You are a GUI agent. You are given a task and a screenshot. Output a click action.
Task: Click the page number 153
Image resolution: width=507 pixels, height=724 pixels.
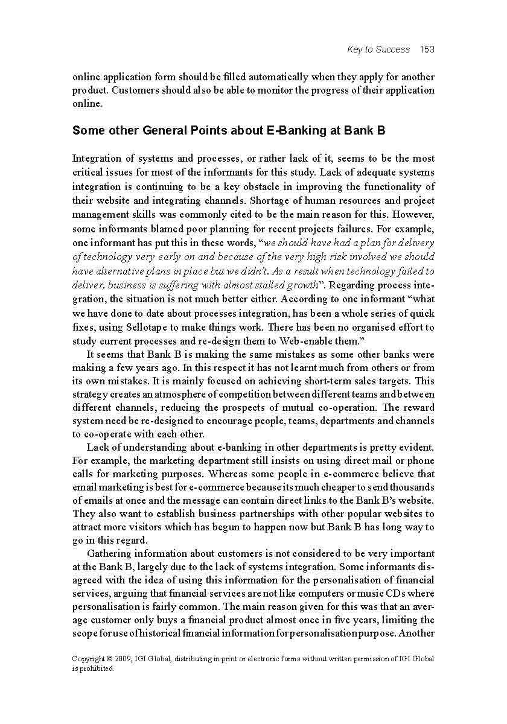pos(427,49)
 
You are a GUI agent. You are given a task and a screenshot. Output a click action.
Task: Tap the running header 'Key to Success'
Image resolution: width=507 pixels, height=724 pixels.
pos(378,49)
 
